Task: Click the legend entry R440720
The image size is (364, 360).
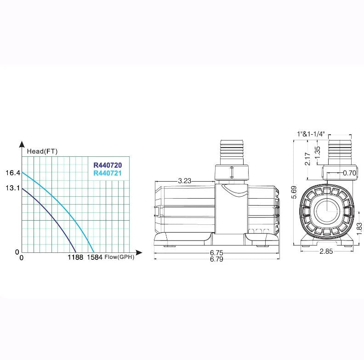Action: click(108, 165)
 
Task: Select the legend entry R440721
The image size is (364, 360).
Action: click(108, 173)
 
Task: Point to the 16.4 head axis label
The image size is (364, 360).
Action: click(13, 173)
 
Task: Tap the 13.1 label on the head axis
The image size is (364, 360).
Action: click(13, 188)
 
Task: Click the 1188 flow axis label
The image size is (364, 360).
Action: click(75, 257)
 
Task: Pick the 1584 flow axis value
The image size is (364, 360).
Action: click(95, 257)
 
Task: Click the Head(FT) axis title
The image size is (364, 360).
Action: click(42, 151)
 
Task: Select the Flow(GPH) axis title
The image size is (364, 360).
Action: click(119, 257)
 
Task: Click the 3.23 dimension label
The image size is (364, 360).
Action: click(185, 181)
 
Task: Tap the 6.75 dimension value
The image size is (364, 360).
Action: click(216, 252)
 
